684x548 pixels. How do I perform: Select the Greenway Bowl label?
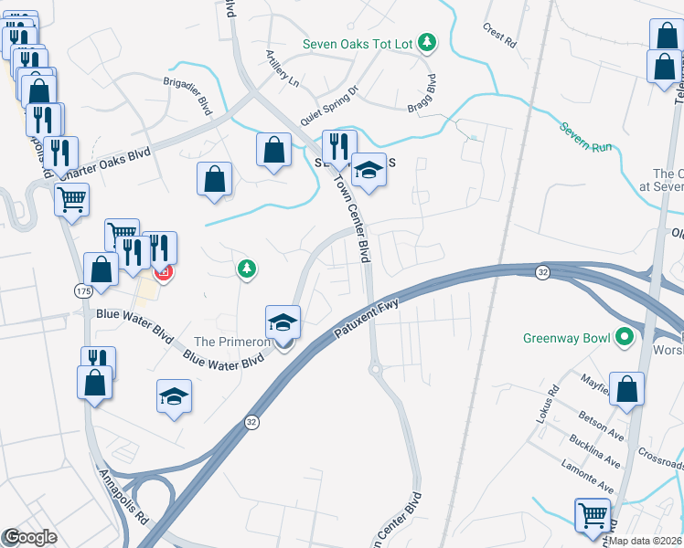[x=566, y=338]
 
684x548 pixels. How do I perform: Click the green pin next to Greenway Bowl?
[x=625, y=338]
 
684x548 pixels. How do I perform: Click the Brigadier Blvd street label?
[x=187, y=94]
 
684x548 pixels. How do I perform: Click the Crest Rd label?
[x=500, y=35]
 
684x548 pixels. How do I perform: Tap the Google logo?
[x=30, y=537]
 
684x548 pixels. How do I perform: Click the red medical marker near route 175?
[x=164, y=272]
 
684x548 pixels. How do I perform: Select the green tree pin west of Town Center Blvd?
[x=246, y=268]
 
